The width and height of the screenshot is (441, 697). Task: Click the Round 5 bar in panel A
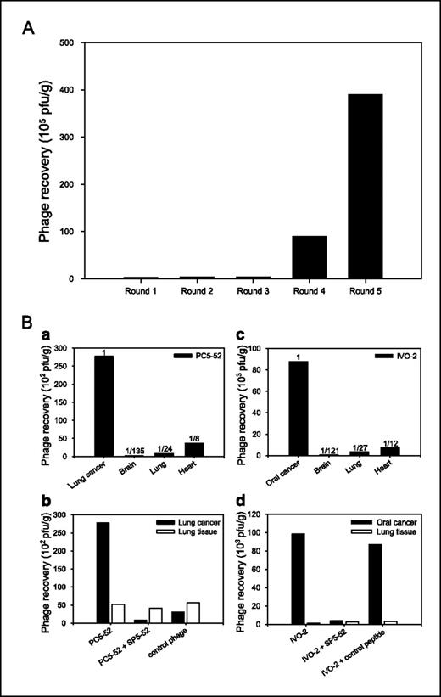click(362, 186)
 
